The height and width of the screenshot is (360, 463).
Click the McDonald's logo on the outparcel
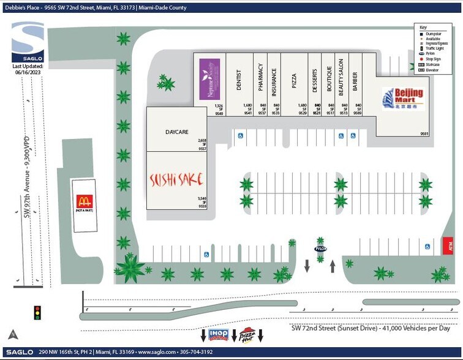pyautogui.click(x=83, y=201)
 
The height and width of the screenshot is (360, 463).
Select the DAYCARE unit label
pyautogui.click(x=176, y=132)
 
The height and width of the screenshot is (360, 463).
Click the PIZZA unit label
pyautogui.click(x=294, y=81)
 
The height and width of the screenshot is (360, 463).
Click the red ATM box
pyautogui.click(x=448, y=246)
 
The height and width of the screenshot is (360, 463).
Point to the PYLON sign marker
pyautogui.click(x=320, y=249)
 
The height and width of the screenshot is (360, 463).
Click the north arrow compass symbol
pyautogui.click(x=12, y=334)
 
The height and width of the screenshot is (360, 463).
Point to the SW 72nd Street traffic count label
pyautogui.click(x=375, y=328)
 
